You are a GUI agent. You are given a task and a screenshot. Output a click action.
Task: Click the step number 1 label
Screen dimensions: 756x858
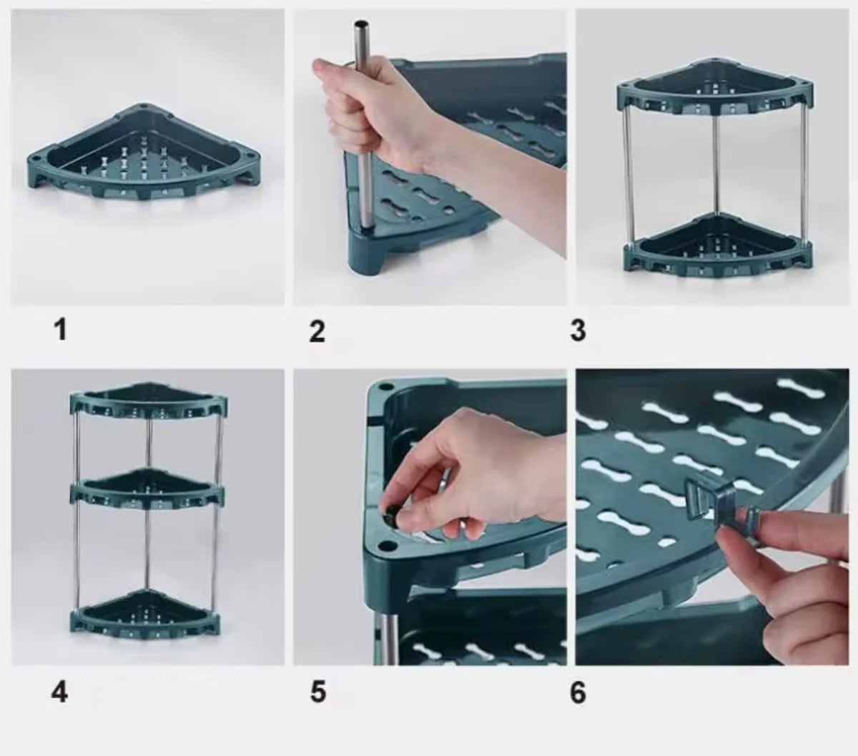pos(60,330)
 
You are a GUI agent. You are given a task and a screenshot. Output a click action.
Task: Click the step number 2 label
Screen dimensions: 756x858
pos(317,330)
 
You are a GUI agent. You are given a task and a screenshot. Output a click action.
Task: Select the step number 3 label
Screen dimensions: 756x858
pos(578,330)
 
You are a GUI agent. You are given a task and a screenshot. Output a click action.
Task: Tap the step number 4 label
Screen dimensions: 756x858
pos(60,692)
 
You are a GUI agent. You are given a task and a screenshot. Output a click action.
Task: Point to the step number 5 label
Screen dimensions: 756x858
pos(317,692)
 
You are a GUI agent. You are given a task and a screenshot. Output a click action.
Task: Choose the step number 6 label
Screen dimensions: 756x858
pos(578,692)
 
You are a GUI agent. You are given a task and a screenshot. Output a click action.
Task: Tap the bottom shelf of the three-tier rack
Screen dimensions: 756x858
pos(148,608)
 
